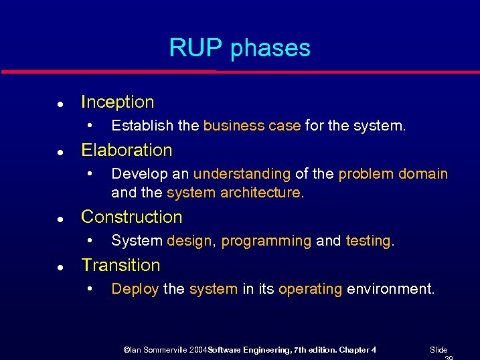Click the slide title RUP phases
click(x=240, y=48)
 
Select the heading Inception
click(x=117, y=102)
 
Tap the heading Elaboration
click(x=127, y=150)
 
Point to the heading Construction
click(x=131, y=217)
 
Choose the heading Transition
click(x=121, y=266)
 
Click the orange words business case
click(x=252, y=126)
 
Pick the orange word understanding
click(x=242, y=174)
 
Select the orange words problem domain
click(x=393, y=174)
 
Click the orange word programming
click(x=266, y=241)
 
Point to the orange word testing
click(x=368, y=241)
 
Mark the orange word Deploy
click(x=135, y=289)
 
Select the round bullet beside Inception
click(x=60, y=104)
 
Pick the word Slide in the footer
click(x=438, y=350)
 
